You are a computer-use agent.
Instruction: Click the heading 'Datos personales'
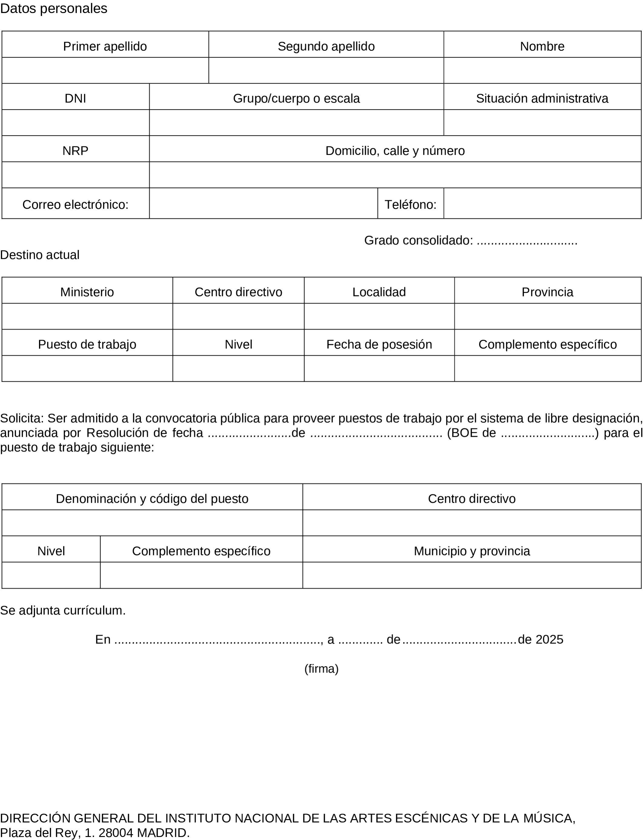tap(54, 8)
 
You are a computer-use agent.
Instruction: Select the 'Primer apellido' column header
tap(105, 46)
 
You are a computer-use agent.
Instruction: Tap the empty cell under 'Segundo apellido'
tap(326, 71)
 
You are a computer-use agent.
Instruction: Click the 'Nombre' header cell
tap(542, 46)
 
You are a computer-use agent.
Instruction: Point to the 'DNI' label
tap(75, 98)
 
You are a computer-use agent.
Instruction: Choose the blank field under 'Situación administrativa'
tap(542, 123)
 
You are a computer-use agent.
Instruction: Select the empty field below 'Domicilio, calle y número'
tap(395, 175)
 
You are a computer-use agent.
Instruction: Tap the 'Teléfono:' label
tap(410, 205)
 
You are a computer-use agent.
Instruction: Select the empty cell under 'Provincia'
tap(547, 316)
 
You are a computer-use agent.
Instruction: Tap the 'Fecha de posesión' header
tap(379, 344)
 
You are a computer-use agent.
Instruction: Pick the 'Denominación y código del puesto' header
tap(152, 499)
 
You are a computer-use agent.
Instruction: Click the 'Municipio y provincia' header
tap(472, 551)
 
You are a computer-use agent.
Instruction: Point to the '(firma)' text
tap(321, 669)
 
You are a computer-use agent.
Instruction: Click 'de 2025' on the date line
tap(540, 639)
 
